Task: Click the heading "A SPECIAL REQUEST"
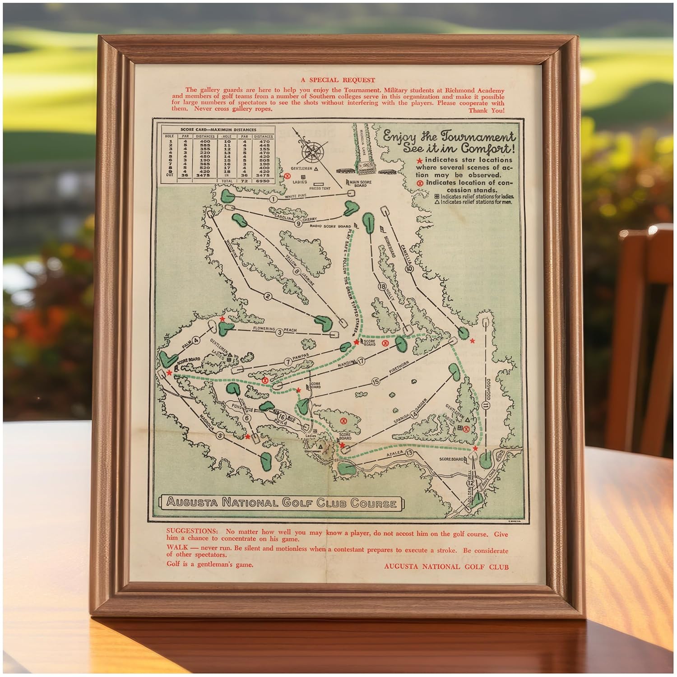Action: [338, 80]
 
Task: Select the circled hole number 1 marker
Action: [273, 199]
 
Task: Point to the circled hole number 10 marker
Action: [409, 269]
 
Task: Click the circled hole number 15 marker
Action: [376, 382]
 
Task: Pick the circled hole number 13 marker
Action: [409, 453]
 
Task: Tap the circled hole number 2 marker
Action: [268, 296]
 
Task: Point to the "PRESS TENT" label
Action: [320, 188]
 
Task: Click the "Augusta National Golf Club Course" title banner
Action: [282, 503]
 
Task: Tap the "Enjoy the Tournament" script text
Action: [448, 136]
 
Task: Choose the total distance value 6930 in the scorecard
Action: [262, 181]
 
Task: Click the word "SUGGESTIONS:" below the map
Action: [192, 531]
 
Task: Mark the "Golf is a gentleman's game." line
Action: [209, 564]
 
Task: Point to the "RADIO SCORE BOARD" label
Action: [330, 226]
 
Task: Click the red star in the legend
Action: [420, 160]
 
